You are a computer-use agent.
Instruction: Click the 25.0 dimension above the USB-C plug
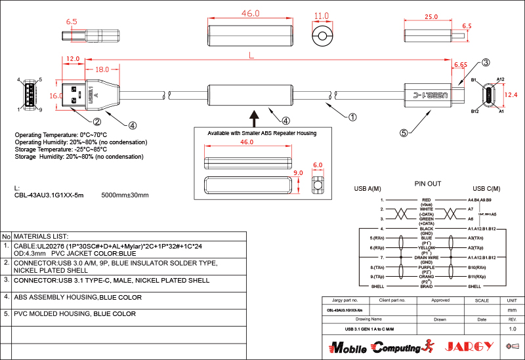[430, 16]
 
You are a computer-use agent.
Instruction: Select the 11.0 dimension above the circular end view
[321, 16]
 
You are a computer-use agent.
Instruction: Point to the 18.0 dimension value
[102, 70]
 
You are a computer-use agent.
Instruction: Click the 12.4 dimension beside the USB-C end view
[514, 94]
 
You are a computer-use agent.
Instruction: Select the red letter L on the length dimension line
[251, 56]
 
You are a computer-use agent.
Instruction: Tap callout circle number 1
[352, 118]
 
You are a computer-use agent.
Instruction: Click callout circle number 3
[486, 63]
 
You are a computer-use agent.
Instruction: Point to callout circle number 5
[404, 132]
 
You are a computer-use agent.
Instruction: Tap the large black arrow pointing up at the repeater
[256, 117]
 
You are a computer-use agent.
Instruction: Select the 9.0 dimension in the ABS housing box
[299, 173]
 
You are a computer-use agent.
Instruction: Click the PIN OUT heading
[428, 184]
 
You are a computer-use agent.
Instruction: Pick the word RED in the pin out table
[426, 199]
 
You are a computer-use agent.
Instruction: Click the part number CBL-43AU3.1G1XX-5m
[49, 195]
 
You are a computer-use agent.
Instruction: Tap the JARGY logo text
[469, 346]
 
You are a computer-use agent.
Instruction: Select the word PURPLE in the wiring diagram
[426, 267]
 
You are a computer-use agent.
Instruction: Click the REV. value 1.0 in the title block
[513, 329]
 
